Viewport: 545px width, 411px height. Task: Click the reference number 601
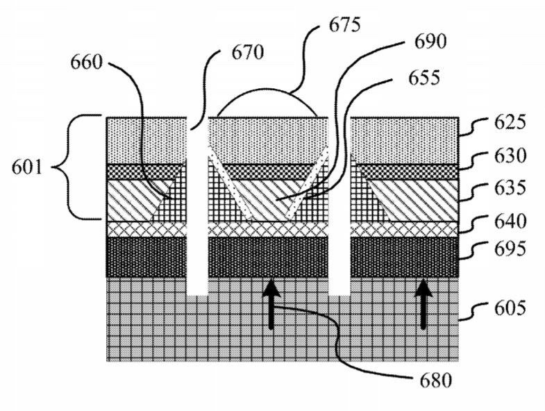coord(27,167)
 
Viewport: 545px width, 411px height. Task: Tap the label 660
coord(87,62)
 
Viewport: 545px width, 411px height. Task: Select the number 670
coord(248,53)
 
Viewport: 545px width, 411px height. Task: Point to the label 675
coord(344,25)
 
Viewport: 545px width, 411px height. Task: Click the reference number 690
coord(430,42)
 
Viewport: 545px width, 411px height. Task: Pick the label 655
coord(424,78)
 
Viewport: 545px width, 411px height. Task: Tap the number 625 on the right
coord(510,122)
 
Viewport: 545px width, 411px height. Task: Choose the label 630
coord(510,156)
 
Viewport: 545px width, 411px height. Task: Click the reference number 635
coord(510,188)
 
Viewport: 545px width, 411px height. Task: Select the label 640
coord(510,221)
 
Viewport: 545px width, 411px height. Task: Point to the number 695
coord(510,249)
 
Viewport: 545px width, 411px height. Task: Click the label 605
coord(510,308)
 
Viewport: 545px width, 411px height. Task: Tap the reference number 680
coord(436,380)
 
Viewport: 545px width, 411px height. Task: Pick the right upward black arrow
coord(424,303)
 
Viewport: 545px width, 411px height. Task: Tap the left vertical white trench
coord(197,207)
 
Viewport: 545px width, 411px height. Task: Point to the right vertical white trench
coord(339,207)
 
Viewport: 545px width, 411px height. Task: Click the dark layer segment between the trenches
coord(268,257)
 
